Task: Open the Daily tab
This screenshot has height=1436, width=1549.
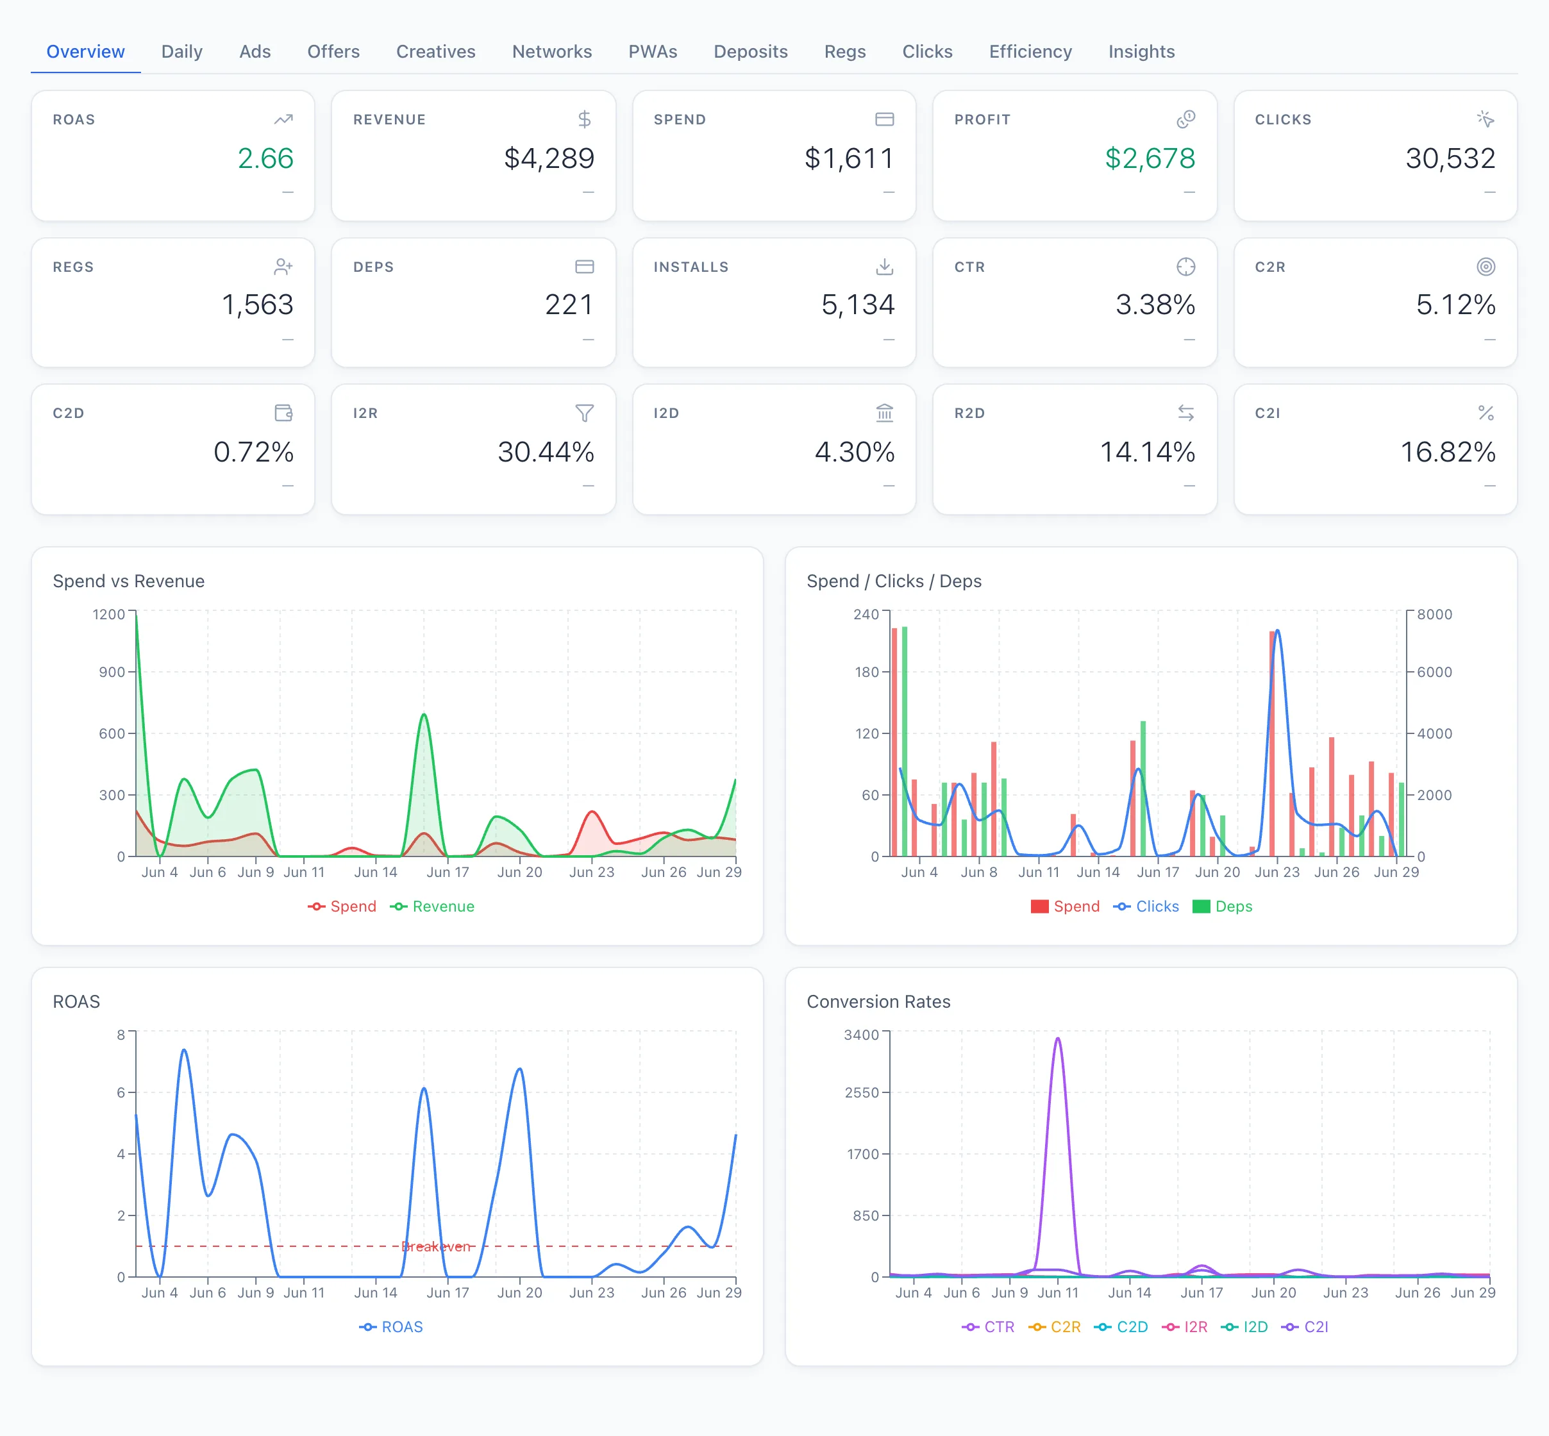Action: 182,51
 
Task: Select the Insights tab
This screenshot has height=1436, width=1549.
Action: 1141,51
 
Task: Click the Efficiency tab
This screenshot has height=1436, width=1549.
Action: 1030,51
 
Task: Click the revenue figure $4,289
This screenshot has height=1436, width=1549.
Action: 549,158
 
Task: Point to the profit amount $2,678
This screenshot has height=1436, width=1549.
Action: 1150,158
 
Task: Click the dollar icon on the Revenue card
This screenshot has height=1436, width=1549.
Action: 585,119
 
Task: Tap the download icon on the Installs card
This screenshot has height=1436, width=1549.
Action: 885,267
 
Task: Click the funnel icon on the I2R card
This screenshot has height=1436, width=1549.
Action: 585,413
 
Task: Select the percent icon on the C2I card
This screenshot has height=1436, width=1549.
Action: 1486,413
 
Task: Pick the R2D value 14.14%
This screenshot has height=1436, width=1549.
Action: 1147,451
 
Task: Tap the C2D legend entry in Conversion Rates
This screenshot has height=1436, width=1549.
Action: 1121,1326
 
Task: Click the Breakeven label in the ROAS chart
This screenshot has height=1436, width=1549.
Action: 436,1246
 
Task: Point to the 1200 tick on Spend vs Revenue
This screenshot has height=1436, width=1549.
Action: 109,614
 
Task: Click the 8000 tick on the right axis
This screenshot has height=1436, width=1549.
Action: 1434,614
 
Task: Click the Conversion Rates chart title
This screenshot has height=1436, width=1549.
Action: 878,1001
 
